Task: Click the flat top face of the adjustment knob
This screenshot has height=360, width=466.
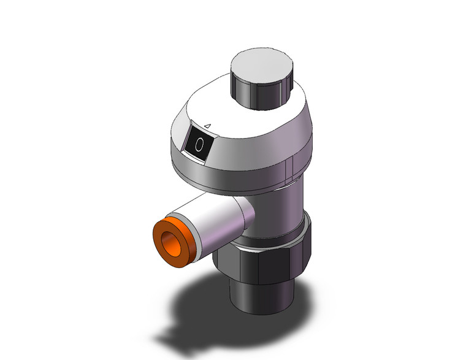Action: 262,66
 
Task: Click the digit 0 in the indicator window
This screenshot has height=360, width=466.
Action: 199,145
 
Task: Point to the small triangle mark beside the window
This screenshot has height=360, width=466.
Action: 208,126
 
